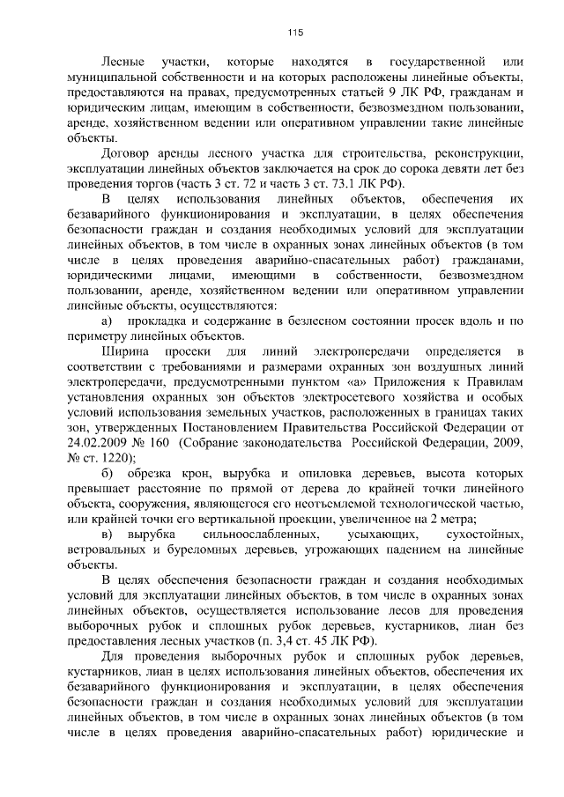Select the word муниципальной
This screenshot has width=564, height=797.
(112, 78)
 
